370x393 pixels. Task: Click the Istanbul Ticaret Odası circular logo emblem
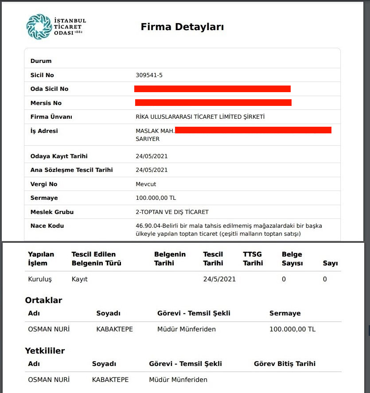click(39, 27)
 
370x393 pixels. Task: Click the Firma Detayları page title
click(182, 27)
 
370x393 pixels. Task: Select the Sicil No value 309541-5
click(149, 75)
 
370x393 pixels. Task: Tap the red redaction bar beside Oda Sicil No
click(212, 89)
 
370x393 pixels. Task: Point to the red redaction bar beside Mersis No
click(213, 103)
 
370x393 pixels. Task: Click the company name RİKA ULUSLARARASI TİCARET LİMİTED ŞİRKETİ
click(200, 117)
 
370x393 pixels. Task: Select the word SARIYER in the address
click(148, 139)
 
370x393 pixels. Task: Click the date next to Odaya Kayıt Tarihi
click(152, 156)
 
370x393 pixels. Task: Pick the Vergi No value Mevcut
click(146, 184)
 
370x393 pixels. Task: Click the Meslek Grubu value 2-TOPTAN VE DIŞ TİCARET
click(172, 212)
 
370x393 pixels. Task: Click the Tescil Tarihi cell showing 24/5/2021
click(219, 279)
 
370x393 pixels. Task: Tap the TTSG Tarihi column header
click(253, 259)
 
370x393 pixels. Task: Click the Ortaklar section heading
click(43, 300)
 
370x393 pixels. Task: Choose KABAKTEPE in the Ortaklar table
click(114, 329)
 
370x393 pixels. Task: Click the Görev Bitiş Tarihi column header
click(284, 364)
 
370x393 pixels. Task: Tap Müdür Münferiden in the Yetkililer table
click(178, 380)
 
